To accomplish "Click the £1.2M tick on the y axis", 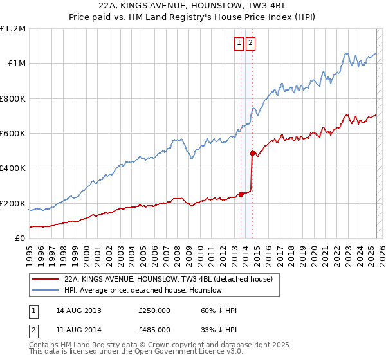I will click(13, 29).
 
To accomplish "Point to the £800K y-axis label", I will click(13, 99).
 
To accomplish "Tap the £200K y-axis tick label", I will click(13, 203).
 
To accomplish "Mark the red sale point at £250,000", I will click(241, 194).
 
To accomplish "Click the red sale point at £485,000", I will click(252, 153).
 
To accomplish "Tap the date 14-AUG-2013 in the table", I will click(79, 310).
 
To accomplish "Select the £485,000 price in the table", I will click(154, 329).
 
